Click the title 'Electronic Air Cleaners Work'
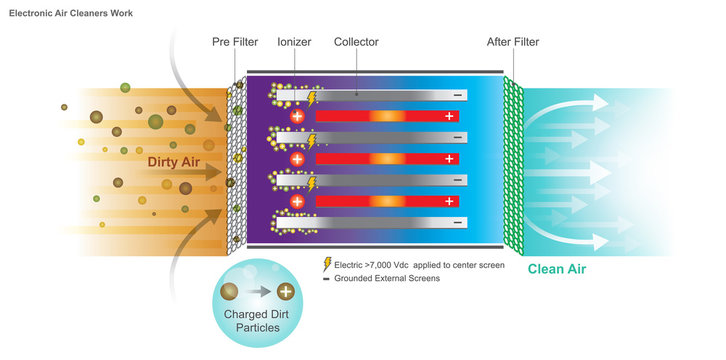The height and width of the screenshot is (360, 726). [71, 13]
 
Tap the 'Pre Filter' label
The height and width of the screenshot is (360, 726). [235, 42]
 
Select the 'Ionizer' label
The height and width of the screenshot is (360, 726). [293, 42]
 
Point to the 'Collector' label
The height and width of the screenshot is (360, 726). [356, 42]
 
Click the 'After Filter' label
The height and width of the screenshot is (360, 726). [513, 42]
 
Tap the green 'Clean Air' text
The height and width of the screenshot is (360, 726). [557, 269]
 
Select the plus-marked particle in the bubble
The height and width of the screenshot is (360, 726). [285, 293]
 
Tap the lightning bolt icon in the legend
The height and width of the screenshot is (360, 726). [327, 265]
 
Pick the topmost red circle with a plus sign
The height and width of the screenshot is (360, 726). [297, 117]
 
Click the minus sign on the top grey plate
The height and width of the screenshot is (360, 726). [457, 96]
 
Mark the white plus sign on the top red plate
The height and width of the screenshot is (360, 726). [450, 117]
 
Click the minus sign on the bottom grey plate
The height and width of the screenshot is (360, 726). [457, 222]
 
